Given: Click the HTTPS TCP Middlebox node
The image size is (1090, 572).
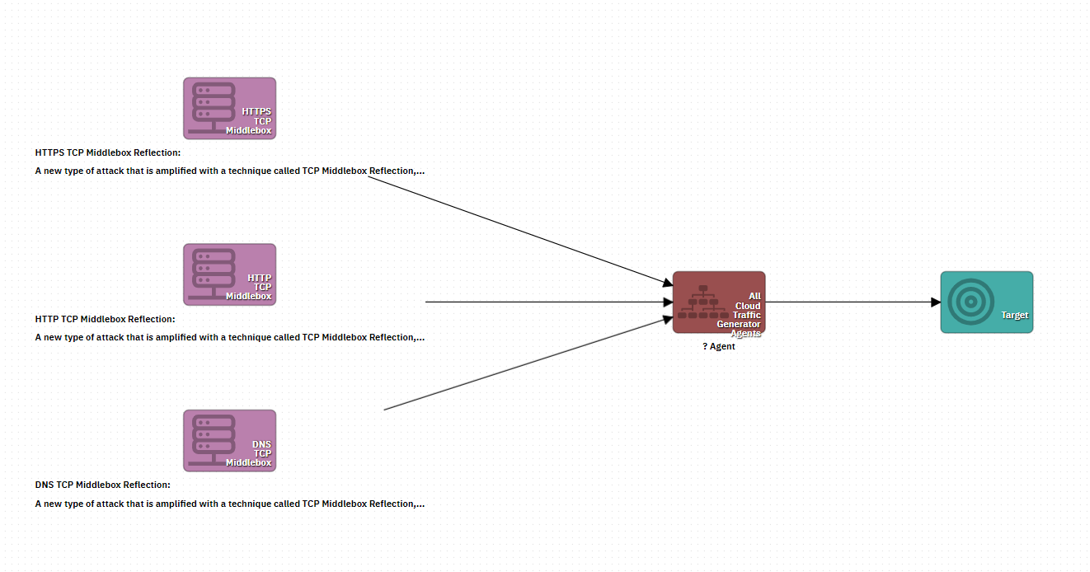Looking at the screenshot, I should click(x=229, y=108).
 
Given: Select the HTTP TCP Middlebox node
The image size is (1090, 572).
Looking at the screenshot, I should click(x=229, y=274).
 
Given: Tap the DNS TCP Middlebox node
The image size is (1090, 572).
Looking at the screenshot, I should click(x=229, y=441).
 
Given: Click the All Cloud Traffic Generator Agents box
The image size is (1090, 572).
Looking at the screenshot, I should click(x=719, y=302).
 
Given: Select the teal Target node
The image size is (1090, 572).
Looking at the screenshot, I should click(x=986, y=302).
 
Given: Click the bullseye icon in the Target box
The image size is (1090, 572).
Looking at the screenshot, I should click(x=970, y=302).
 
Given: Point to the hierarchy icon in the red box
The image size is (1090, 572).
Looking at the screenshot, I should click(x=702, y=302).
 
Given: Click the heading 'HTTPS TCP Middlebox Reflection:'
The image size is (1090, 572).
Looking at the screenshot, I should click(x=108, y=153).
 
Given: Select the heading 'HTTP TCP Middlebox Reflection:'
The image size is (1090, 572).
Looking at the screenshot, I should click(x=106, y=320).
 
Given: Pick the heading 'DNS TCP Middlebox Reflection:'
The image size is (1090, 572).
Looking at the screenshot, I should click(x=103, y=485).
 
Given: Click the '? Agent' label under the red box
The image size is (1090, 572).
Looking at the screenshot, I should click(x=719, y=347).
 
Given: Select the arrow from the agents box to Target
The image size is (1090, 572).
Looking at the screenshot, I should click(x=853, y=302).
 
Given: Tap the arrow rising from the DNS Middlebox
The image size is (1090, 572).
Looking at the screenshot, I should click(x=528, y=363).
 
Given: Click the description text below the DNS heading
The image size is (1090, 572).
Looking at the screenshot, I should click(x=230, y=504).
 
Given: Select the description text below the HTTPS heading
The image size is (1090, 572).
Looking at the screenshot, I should click(x=230, y=171).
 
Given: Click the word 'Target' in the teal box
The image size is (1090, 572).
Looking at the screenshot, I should click(x=1014, y=315).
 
